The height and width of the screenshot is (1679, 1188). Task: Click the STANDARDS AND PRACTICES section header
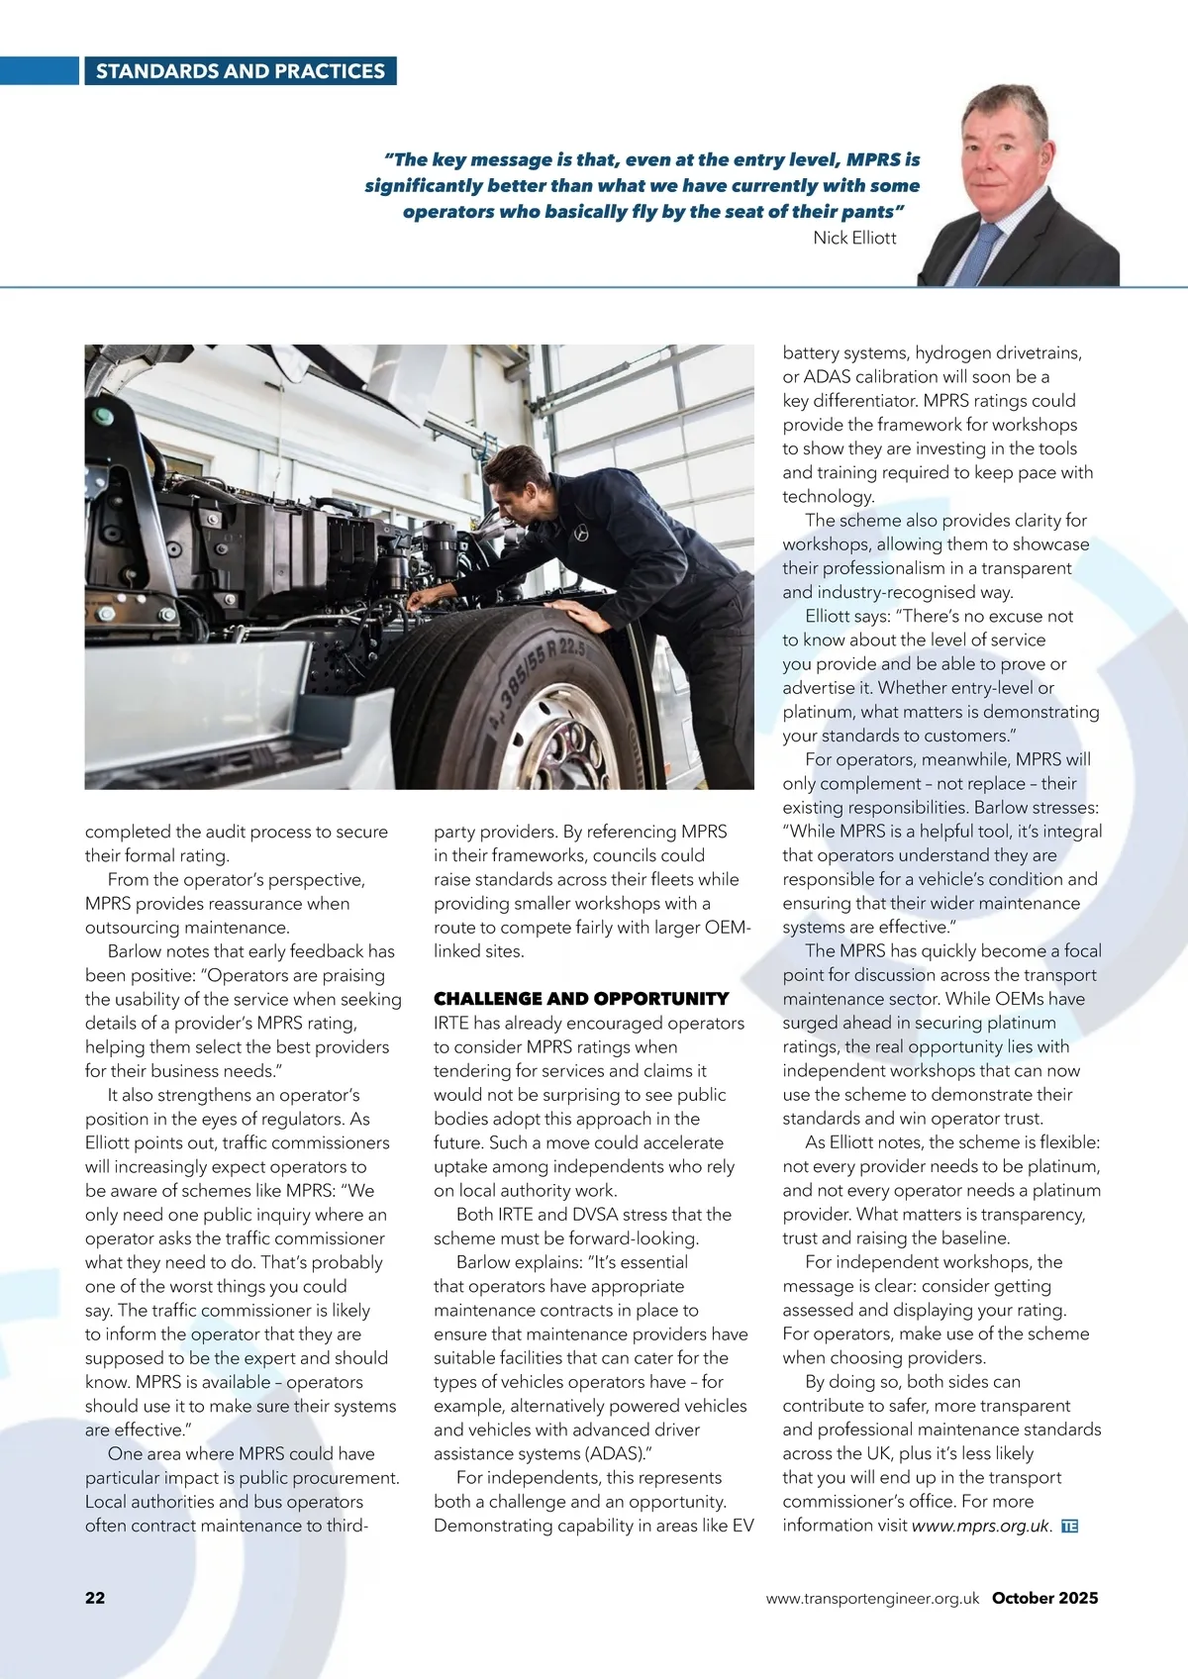(x=240, y=71)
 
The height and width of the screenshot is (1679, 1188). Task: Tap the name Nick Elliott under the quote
(x=854, y=238)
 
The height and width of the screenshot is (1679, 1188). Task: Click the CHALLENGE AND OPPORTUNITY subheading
(x=581, y=999)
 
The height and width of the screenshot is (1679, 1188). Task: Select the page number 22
(x=95, y=1597)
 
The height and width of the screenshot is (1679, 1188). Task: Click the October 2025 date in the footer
(x=1044, y=1597)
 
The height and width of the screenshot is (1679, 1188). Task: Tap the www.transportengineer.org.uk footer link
(x=872, y=1598)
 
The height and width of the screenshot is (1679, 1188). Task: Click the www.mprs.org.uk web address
(x=979, y=1526)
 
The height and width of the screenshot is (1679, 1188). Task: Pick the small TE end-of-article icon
(x=1068, y=1526)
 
